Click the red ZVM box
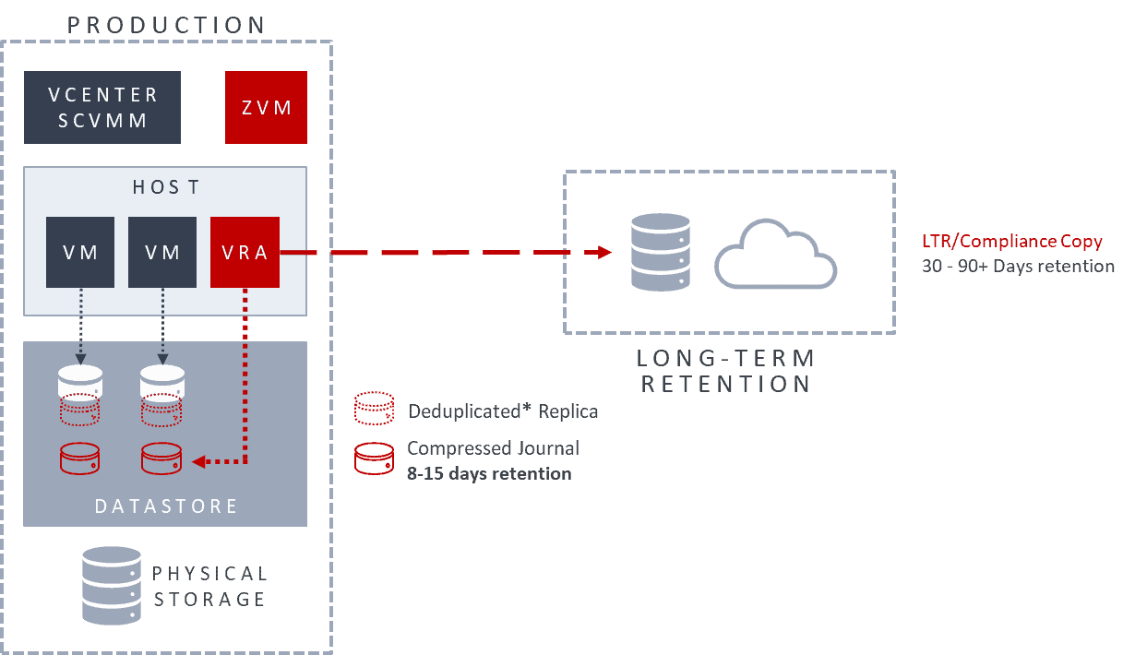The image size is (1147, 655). [x=267, y=108]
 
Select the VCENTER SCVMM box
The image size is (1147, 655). [x=102, y=108]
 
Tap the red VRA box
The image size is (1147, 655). [x=245, y=252]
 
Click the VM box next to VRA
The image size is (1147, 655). [x=162, y=252]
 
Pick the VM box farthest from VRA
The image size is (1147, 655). [x=80, y=252]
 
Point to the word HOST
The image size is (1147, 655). [x=165, y=187]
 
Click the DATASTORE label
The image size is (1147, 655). [x=166, y=506]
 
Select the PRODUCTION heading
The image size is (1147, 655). [x=167, y=25]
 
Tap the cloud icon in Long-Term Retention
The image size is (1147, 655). [x=775, y=254]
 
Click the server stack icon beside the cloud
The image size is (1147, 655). [x=660, y=252]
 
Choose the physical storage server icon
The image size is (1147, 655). [x=112, y=586]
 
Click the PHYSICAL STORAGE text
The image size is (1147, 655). [x=210, y=587]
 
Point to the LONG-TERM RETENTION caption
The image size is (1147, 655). [x=727, y=371]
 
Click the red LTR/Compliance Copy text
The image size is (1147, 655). [x=1011, y=242]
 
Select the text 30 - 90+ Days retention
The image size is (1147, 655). [x=1018, y=267]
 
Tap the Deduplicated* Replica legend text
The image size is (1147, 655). [x=503, y=411]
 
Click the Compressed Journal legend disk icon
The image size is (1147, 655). [x=375, y=458]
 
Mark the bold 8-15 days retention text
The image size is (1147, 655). [x=489, y=474]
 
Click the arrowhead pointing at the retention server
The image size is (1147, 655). [x=605, y=252]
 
